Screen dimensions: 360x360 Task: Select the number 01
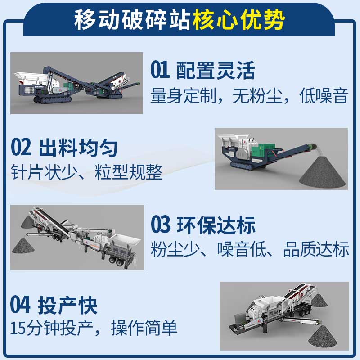[x=160, y=71]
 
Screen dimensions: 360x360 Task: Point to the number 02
[x=21, y=148]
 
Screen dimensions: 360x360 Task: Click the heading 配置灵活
[x=216, y=71]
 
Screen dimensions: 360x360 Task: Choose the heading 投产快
[x=68, y=305]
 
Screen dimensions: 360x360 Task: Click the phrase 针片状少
[x=44, y=172]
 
